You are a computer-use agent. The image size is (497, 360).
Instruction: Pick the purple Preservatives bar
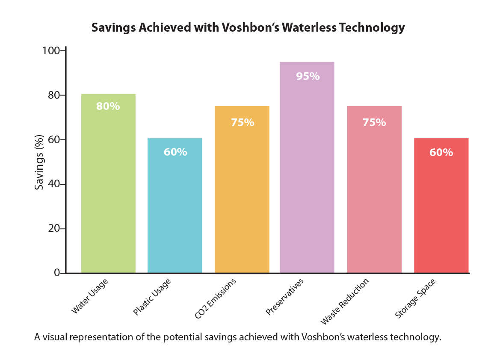(307, 171)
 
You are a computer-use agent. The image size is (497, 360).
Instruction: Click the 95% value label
(308, 77)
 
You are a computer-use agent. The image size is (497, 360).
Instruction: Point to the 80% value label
(108, 106)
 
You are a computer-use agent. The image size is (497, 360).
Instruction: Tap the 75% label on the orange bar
(243, 123)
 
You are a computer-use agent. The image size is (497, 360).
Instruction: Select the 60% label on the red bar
(441, 153)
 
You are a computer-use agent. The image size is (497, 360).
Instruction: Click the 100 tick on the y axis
(52, 51)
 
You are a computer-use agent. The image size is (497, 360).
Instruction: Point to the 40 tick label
(54, 184)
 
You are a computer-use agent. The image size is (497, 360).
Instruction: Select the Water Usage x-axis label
(89, 296)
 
